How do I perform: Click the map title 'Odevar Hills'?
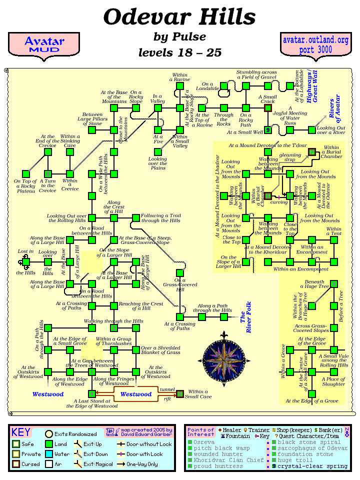(x=179, y=17)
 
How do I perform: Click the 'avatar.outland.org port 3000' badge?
(x=315, y=44)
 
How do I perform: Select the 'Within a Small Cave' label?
(x=198, y=394)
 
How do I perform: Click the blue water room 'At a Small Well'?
(x=267, y=130)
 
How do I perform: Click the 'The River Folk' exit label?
(x=246, y=316)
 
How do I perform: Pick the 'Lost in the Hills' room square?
(x=26, y=261)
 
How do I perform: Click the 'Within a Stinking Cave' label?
(x=70, y=140)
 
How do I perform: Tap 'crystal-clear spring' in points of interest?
(x=312, y=466)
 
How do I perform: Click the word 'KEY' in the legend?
(x=21, y=432)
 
